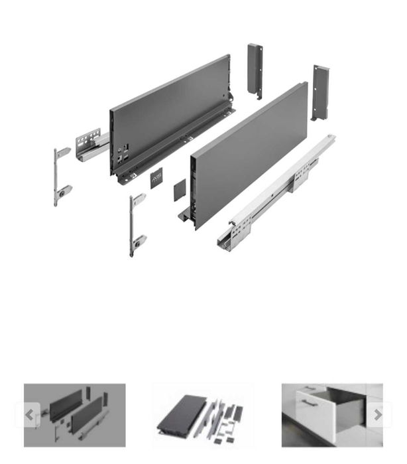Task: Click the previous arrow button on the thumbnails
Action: [29, 415]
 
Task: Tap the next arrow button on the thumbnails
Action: [377, 415]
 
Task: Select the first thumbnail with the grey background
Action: [75, 415]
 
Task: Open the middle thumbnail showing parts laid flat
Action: [203, 415]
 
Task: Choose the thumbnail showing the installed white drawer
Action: [331, 415]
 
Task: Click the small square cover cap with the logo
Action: [156, 178]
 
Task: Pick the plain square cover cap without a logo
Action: [180, 191]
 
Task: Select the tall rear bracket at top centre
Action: [255, 70]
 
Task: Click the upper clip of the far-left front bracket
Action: [63, 153]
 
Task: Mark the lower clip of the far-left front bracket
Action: [64, 192]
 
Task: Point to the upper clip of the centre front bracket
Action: [139, 198]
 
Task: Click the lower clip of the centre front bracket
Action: [139, 242]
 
